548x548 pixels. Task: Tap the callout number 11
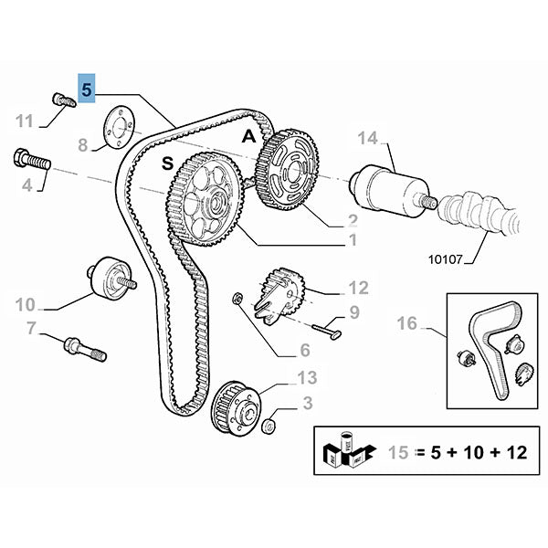coord(26,120)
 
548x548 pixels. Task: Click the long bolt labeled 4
coord(30,162)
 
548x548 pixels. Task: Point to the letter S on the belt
coord(167,163)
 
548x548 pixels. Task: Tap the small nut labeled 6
coord(236,297)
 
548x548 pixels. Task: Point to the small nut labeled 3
coord(269,427)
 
